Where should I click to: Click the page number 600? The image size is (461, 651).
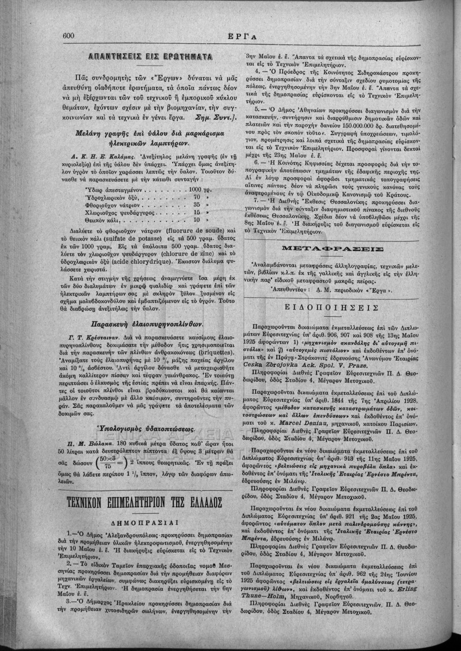pos(68,35)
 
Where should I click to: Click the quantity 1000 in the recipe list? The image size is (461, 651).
pos(194,189)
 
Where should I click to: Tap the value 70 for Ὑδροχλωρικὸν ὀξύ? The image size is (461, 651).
pos(197,197)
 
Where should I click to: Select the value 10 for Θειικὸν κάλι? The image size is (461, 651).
pos(197,221)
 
